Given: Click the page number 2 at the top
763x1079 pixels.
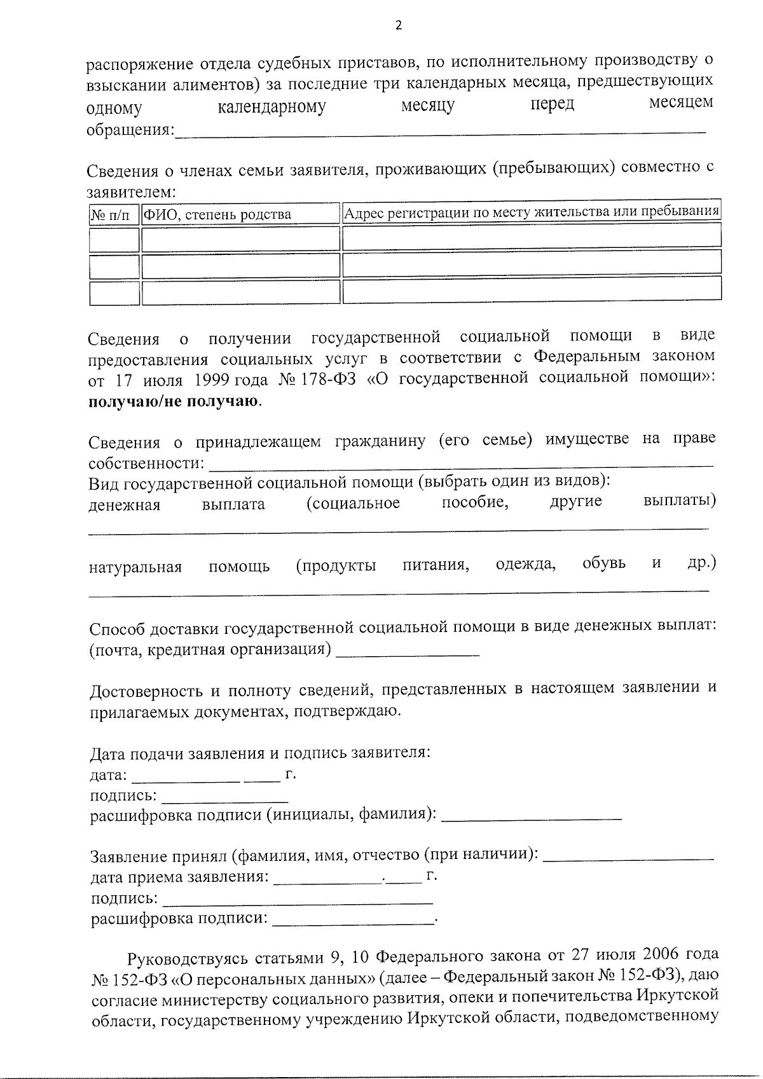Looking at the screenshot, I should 399,26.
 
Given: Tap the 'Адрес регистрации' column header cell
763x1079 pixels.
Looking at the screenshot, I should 531,211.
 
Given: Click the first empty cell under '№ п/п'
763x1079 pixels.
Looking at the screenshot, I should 114,240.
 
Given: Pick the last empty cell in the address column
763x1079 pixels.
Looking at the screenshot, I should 532,289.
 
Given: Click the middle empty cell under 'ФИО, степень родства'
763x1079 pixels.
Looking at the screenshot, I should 240,266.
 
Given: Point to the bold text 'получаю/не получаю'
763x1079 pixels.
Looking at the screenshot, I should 174,402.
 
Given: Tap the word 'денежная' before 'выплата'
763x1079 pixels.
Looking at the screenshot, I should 124,505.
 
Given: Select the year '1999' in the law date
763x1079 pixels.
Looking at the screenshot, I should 212,380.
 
